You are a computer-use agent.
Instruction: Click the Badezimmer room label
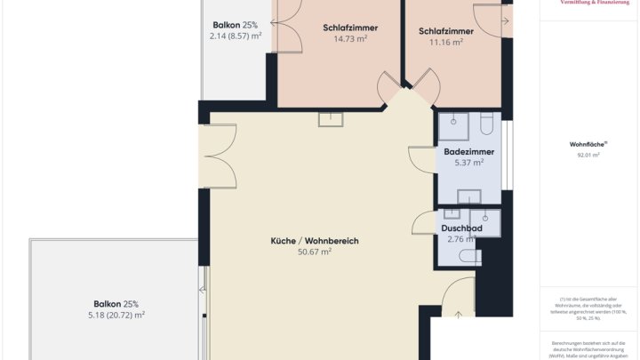pyautogui.click(x=468, y=151)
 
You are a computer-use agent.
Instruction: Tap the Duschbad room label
pyautogui.click(x=461, y=228)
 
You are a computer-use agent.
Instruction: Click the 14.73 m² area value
pyautogui.click(x=350, y=39)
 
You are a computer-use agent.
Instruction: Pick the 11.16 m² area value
pyautogui.click(x=446, y=42)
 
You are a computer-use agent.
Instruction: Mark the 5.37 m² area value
pyautogui.click(x=468, y=163)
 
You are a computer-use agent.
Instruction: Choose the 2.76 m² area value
pyautogui.click(x=461, y=239)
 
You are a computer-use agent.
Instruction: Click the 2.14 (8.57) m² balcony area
pyautogui.click(x=236, y=36)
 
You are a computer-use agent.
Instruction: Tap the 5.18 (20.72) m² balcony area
pyautogui.click(x=116, y=315)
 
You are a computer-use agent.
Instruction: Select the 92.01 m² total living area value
pyautogui.click(x=588, y=155)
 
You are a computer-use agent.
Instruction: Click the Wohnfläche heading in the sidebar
pyautogui.click(x=587, y=144)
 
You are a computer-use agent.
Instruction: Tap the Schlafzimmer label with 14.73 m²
pyautogui.click(x=350, y=28)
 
